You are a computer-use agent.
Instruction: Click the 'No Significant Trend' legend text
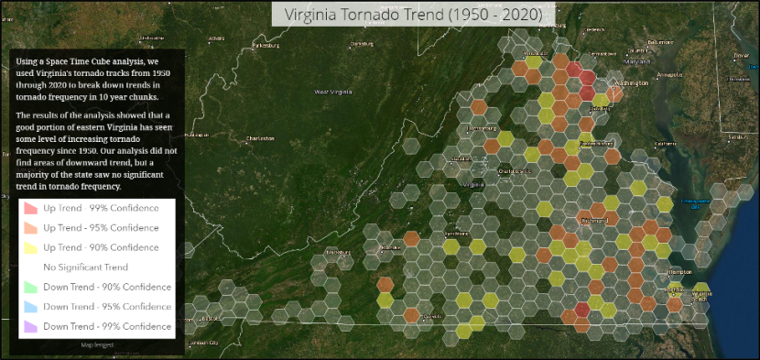[85, 267]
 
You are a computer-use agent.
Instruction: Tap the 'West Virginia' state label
[332, 92]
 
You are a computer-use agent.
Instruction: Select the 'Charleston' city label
[260, 138]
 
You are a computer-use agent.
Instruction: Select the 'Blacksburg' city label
[340, 251]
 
